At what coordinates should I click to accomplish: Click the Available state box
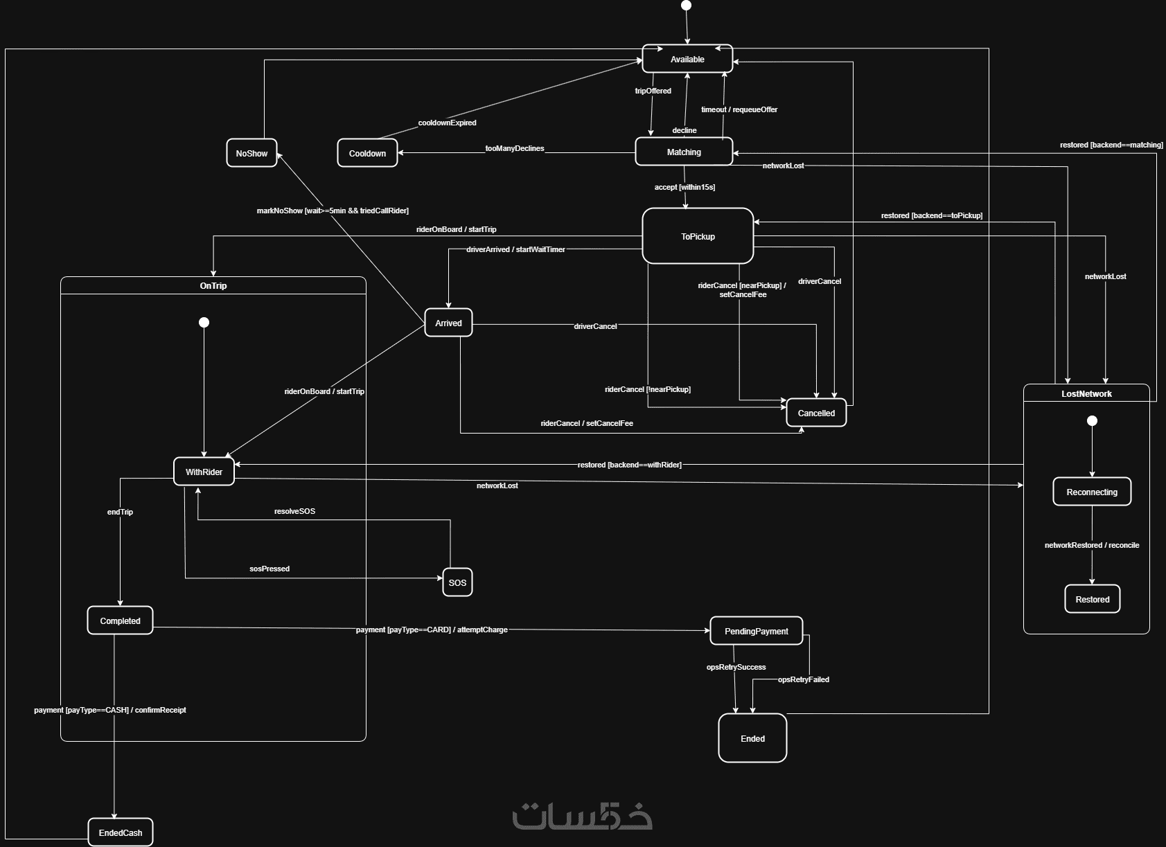click(687, 59)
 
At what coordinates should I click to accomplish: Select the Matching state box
click(684, 152)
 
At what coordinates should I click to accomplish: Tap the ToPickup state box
click(698, 236)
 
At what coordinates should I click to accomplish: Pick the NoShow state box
click(251, 153)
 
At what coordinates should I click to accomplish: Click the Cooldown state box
click(367, 153)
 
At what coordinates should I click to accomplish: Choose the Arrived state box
click(448, 323)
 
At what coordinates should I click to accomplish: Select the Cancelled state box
click(816, 413)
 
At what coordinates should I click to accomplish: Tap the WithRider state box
click(204, 472)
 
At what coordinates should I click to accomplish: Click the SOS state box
click(457, 582)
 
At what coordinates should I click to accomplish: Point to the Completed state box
click(120, 621)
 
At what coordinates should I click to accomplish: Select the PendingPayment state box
click(757, 631)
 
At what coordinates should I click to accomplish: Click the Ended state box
click(752, 738)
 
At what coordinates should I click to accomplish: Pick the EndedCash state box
click(121, 832)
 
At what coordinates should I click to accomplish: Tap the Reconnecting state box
click(1092, 492)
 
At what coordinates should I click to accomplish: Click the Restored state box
click(1093, 599)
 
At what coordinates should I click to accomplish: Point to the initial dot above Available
click(687, 6)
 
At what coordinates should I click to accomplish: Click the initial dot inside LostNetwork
click(1093, 420)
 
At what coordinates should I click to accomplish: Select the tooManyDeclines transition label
click(515, 148)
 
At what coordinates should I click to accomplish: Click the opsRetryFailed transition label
click(804, 679)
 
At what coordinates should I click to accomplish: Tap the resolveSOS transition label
click(294, 511)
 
